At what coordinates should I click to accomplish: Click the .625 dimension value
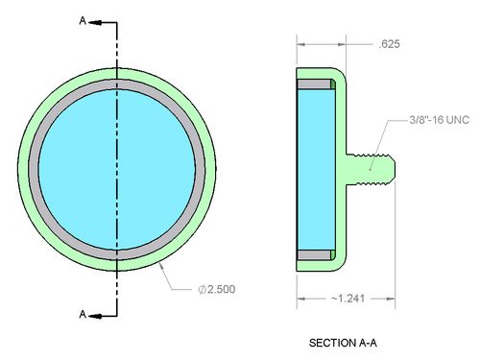[389, 44]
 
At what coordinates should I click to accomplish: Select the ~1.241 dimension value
[348, 299]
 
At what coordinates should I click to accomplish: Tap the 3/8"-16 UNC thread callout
[439, 120]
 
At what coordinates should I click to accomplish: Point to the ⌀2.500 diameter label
[217, 289]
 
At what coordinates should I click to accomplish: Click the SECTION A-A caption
[343, 343]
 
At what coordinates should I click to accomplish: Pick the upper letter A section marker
[83, 21]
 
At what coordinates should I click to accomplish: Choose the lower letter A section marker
[83, 314]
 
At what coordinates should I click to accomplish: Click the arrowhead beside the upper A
[95, 23]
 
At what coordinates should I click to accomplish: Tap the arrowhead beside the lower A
[95, 316]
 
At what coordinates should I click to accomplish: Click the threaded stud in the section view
[371, 169]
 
